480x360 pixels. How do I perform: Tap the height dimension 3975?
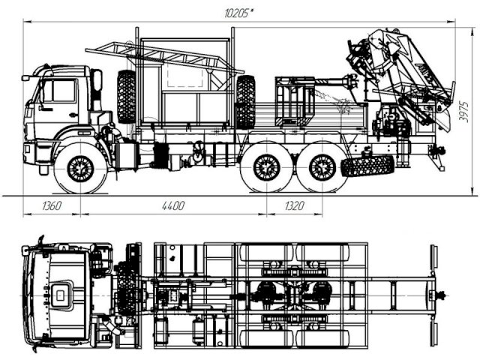pyautogui.click(x=464, y=112)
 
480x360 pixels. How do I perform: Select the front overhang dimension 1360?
pyautogui.click(x=52, y=205)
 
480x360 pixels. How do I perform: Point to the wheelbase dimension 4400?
pyautogui.click(x=173, y=205)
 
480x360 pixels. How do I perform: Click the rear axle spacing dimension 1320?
pyautogui.click(x=294, y=205)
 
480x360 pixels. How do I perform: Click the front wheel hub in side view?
pyautogui.click(x=80, y=169)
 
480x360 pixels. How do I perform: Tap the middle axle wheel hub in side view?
pyautogui.click(x=267, y=168)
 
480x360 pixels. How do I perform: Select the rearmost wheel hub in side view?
pyautogui.click(x=322, y=168)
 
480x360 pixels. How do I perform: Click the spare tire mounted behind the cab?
pyautogui.click(x=126, y=97)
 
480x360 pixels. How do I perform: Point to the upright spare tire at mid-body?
pyautogui.click(x=245, y=102)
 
